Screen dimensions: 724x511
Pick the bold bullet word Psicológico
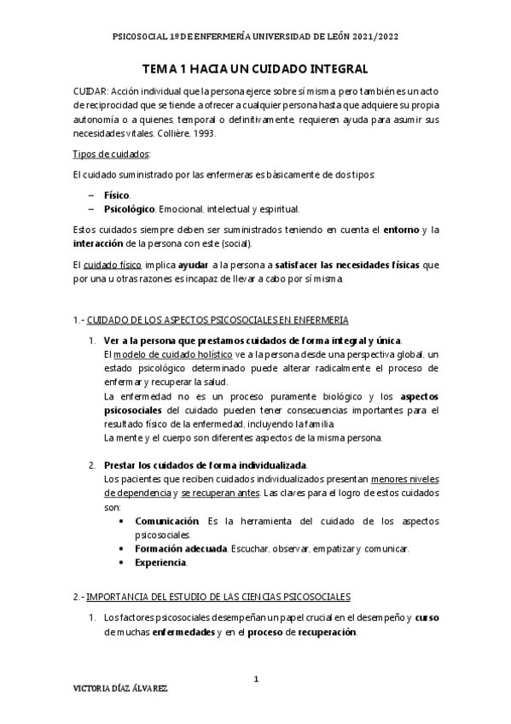tap(129, 208)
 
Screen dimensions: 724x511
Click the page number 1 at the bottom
tap(256, 680)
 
